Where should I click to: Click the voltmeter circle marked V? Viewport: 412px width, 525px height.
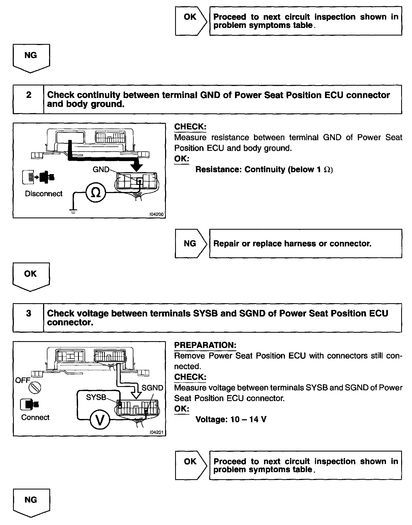click(x=100, y=420)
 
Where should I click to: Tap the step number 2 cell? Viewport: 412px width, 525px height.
click(x=28, y=95)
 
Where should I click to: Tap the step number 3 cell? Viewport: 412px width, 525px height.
click(x=28, y=314)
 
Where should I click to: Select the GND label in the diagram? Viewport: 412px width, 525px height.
click(x=101, y=169)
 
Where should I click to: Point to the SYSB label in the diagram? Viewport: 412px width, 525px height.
click(x=96, y=397)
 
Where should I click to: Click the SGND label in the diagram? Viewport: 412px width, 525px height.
click(x=152, y=388)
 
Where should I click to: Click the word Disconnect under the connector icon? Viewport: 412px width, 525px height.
click(x=44, y=194)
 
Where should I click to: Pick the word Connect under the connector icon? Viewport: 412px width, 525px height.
click(x=35, y=417)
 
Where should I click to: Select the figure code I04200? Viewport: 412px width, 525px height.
click(x=156, y=214)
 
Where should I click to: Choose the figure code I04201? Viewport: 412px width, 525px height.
click(x=156, y=432)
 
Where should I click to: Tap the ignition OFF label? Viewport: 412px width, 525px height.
click(x=22, y=380)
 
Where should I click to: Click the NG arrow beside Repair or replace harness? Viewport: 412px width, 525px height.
click(x=190, y=244)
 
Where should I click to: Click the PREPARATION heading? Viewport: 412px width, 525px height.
click(x=205, y=345)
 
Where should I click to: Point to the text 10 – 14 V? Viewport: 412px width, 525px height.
click(x=248, y=420)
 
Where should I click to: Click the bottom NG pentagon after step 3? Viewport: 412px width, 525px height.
click(x=31, y=502)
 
